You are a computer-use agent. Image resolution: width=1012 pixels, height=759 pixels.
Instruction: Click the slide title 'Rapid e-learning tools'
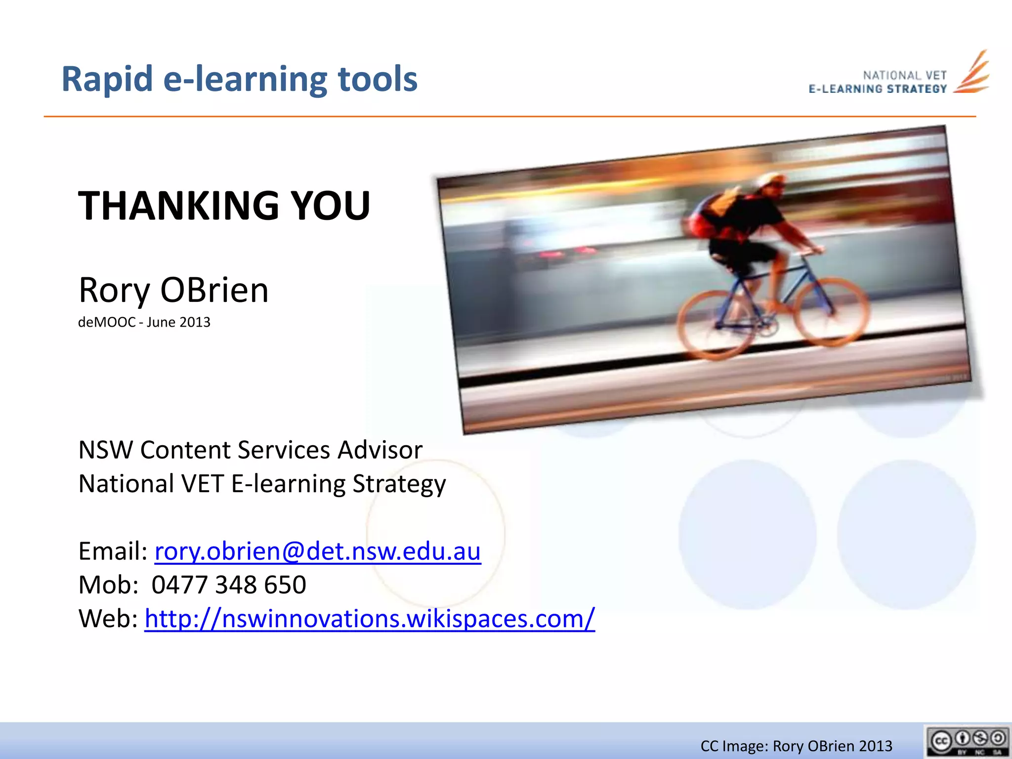click(239, 79)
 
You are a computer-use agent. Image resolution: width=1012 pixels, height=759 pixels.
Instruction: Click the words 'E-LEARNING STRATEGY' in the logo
click(878, 89)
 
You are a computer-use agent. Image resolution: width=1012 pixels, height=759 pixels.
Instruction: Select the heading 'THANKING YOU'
click(224, 206)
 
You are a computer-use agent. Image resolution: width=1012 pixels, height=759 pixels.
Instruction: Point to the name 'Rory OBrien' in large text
click(173, 290)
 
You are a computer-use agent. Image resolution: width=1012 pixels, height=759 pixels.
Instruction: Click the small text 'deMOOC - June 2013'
click(144, 322)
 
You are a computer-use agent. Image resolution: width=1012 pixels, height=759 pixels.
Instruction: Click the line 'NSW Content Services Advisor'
click(250, 450)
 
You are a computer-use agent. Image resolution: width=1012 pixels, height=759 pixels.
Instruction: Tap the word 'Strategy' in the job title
click(399, 484)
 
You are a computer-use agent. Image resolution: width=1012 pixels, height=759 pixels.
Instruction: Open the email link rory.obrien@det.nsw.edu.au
click(317, 551)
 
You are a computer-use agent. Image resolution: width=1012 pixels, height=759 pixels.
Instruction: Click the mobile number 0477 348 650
click(228, 585)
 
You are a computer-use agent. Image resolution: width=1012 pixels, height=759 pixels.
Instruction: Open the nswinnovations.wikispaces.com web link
click(369, 619)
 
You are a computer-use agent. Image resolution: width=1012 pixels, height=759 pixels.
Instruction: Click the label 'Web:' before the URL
click(108, 619)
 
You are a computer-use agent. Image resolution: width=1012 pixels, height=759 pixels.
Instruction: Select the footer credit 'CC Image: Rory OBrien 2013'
click(796, 746)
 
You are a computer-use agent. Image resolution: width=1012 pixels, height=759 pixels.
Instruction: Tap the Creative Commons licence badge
click(968, 741)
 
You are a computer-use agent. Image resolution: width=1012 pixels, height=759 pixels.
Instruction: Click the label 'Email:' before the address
click(113, 551)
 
